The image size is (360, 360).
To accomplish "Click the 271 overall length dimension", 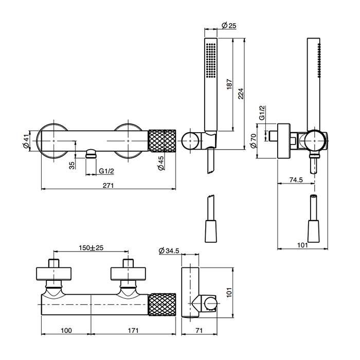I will (x=108, y=186).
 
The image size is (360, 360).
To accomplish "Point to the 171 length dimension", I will (x=133, y=330).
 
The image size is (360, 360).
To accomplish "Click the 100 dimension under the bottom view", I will (x=65, y=330).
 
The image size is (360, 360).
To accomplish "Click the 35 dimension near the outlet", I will (x=72, y=165).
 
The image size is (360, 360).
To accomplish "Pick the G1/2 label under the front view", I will (x=107, y=170).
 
